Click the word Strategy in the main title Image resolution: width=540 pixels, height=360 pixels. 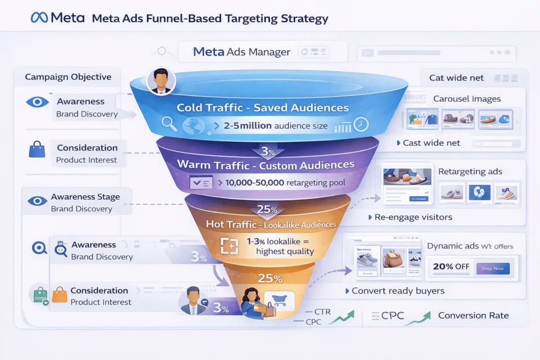pos(304,19)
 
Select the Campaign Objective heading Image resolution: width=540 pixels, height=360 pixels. pos(68,77)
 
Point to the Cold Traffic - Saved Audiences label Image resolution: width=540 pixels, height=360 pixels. pos(263,108)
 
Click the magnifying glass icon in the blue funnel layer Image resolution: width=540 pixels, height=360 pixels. pos(170,124)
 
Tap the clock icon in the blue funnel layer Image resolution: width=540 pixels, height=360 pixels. pos(361,124)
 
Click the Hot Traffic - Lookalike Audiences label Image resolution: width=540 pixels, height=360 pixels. pos(271,224)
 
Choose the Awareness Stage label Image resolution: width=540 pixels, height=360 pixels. pos(85,197)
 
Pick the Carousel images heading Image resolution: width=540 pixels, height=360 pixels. pos(467,99)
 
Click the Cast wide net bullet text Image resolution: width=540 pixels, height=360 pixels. pos(431,143)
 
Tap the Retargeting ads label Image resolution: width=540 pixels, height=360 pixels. pos(470,171)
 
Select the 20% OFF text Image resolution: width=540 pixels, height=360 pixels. pos(451,267)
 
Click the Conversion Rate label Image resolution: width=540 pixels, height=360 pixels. pos(473,316)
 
